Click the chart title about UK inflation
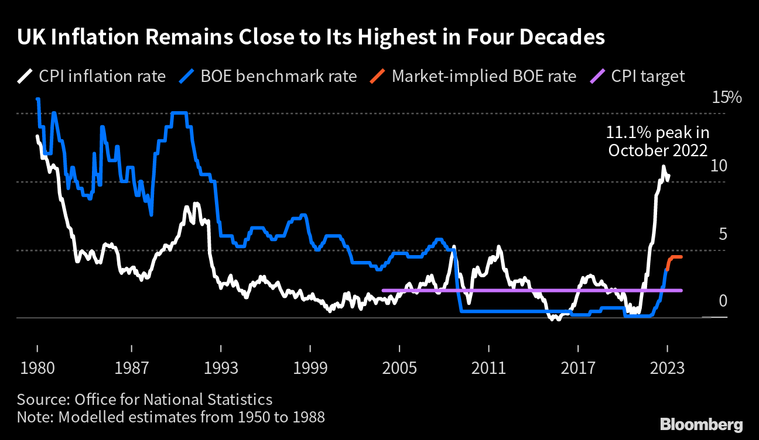(310, 37)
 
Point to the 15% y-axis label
(726, 98)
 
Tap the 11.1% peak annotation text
(658, 142)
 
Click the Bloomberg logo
(702, 424)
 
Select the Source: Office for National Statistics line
(145, 400)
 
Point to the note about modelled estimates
(170, 417)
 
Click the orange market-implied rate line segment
(675, 257)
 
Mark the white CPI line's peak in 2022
(664, 167)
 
